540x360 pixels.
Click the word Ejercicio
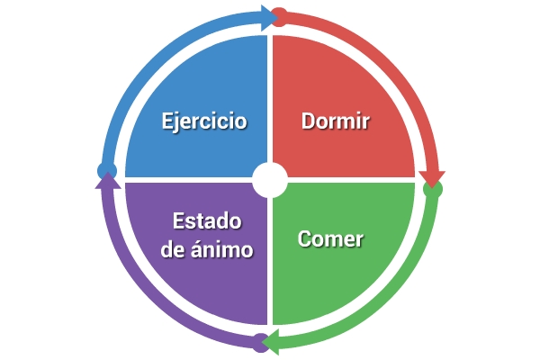click(204, 121)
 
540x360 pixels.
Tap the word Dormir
click(336, 121)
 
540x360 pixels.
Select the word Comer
click(330, 238)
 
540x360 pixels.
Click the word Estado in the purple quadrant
click(207, 220)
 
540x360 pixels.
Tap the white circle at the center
click(270, 180)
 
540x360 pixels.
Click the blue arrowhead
click(269, 18)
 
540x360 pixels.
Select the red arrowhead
click(432, 179)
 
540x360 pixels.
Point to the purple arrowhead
click(108, 181)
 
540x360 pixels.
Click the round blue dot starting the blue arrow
click(107, 170)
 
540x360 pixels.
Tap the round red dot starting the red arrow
click(279, 17)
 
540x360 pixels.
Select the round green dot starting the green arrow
click(433, 189)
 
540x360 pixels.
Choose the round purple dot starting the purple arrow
click(261, 343)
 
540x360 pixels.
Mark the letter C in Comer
click(304, 238)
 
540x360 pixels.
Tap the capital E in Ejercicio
click(167, 121)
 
